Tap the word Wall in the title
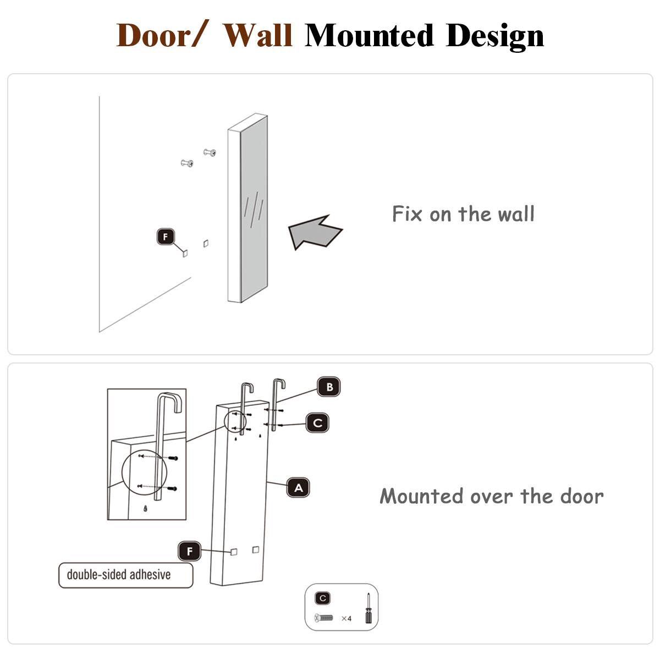pos(257,36)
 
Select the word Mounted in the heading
pos(370,36)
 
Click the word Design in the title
pos(495,36)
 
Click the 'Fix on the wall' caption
pos(463,214)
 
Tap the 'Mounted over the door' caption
pos(492,496)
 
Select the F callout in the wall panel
pos(166,237)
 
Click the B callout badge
pos(329,387)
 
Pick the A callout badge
pos(298,488)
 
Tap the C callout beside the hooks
pos(317,423)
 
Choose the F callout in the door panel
pos(190,551)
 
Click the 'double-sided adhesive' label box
pos(126,575)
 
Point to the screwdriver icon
pos(368,608)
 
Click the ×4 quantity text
pos(346,619)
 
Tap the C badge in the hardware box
pos(323,598)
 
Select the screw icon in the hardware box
pos(323,618)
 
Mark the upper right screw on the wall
pos(210,152)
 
